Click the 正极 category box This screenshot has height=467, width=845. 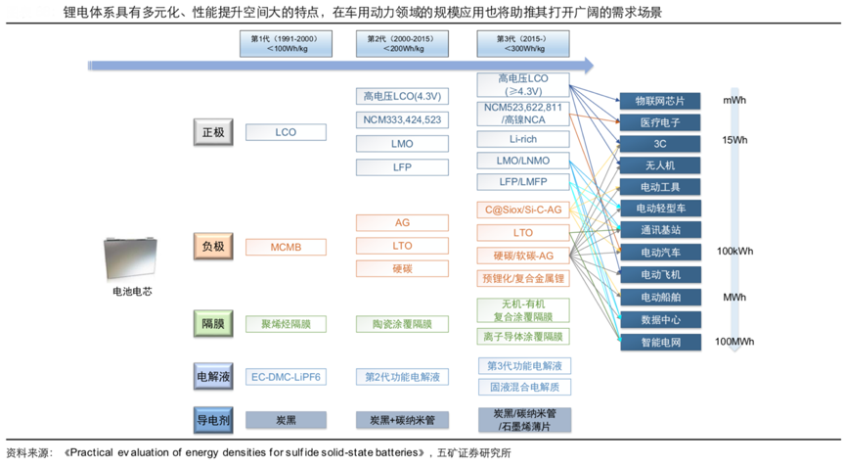tap(213, 132)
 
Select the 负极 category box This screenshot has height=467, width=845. tap(213, 247)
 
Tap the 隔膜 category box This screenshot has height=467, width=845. tap(213, 323)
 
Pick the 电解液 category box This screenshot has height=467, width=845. tap(213, 376)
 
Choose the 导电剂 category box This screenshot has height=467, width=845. tap(213, 420)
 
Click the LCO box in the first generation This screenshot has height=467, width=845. tap(286, 132)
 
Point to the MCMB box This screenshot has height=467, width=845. tap(286, 247)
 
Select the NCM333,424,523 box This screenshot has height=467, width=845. tap(402, 119)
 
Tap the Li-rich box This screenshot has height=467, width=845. tap(522, 139)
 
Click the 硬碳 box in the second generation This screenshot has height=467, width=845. tap(402, 268)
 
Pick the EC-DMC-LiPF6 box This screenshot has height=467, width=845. tap(286, 376)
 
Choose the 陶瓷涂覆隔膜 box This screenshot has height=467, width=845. tap(402, 323)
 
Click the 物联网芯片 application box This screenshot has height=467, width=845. tap(660, 101)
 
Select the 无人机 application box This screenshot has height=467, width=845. tap(660, 165)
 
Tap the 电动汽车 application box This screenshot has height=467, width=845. tap(660, 253)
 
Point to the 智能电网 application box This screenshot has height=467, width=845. tap(660, 343)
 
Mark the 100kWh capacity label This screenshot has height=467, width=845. tap(735, 252)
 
